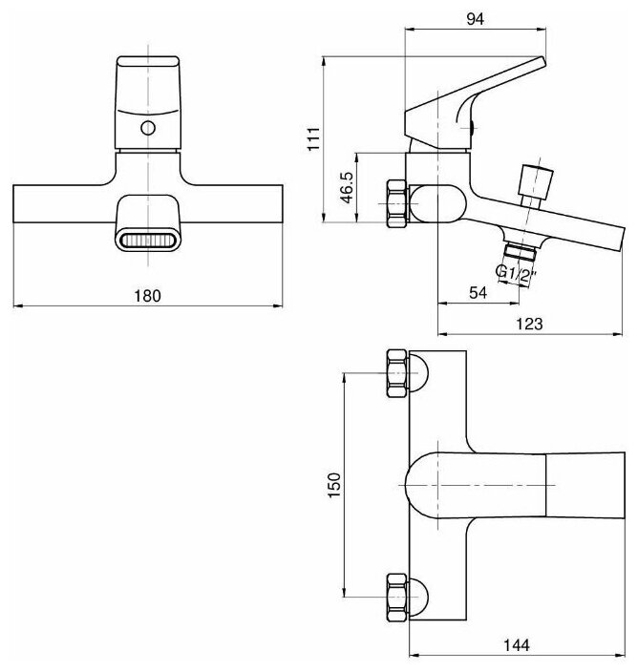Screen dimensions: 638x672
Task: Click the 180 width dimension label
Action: pos(147,295)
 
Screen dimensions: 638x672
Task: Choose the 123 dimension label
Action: pos(531,324)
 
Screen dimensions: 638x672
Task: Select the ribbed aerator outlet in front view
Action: pos(147,240)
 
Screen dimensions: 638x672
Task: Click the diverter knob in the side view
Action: pos(534,180)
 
